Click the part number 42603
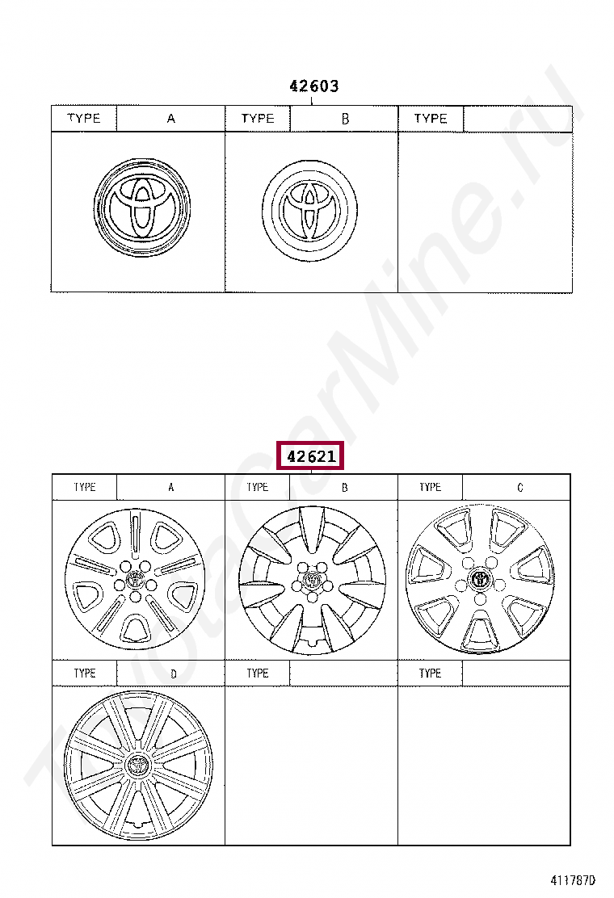click(x=313, y=86)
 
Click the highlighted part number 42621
click(x=310, y=456)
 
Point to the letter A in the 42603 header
click(x=170, y=119)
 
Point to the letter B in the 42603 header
click(x=345, y=119)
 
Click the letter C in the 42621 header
click(x=519, y=488)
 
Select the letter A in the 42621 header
click(x=170, y=488)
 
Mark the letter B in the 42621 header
click(x=345, y=488)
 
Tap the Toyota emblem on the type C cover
click(x=481, y=580)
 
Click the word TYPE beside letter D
click(x=84, y=673)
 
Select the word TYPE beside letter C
click(x=430, y=488)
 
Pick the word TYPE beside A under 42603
click(x=84, y=119)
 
